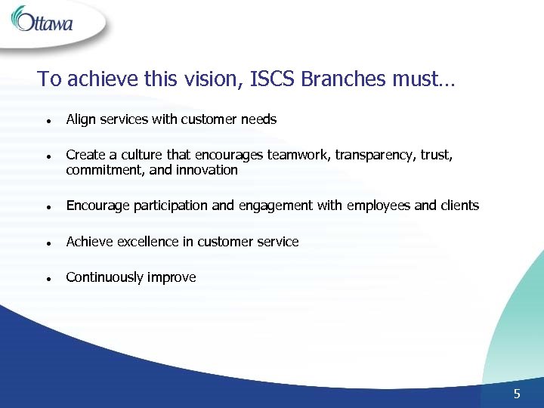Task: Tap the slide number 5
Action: click(x=517, y=393)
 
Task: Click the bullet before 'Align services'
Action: click(x=48, y=120)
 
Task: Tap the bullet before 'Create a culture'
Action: click(x=48, y=156)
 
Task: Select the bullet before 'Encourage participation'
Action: click(x=48, y=206)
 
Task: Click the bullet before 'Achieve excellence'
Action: click(x=48, y=243)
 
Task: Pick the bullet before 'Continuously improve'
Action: click(x=48, y=278)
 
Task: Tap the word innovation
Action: click(x=207, y=170)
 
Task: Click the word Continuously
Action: click(x=104, y=277)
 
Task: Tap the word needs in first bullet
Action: click(x=259, y=119)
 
